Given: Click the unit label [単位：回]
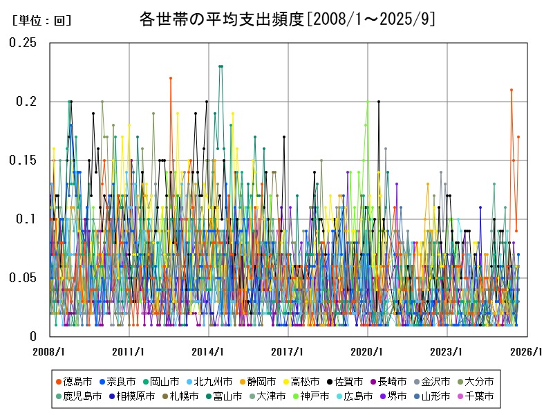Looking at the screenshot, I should (41, 21).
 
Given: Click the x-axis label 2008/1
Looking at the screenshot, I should (50, 351).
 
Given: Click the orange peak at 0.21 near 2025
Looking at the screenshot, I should (512, 90).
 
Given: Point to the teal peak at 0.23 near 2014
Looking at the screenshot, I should (221, 66).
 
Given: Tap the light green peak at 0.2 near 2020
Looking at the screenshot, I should (368, 102).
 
